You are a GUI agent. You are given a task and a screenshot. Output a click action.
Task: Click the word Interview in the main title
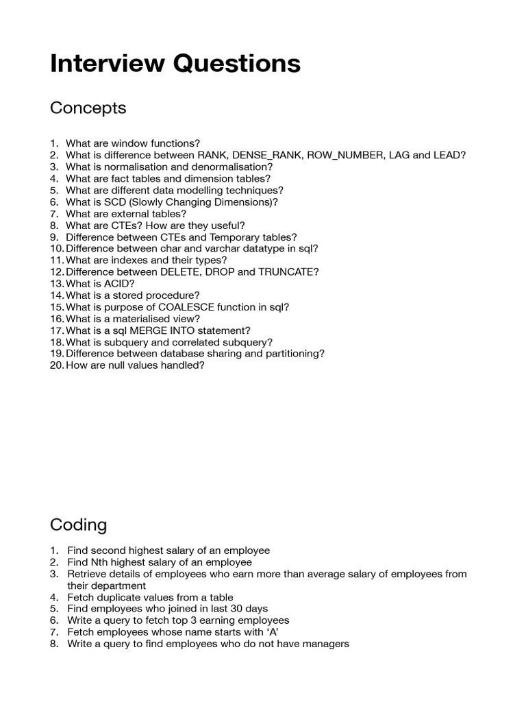[97, 64]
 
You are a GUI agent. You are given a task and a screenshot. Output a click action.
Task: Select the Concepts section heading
[88, 108]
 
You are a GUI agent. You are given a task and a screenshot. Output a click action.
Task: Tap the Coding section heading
[78, 525]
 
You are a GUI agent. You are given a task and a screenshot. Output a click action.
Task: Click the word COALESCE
[194, 307]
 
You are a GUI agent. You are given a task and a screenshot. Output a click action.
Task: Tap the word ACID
[121, 284]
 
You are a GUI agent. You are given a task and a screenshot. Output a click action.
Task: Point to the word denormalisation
[230, 167]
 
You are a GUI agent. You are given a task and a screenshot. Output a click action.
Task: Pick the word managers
[324, 644]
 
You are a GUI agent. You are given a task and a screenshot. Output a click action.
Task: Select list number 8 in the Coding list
[54, 644]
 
